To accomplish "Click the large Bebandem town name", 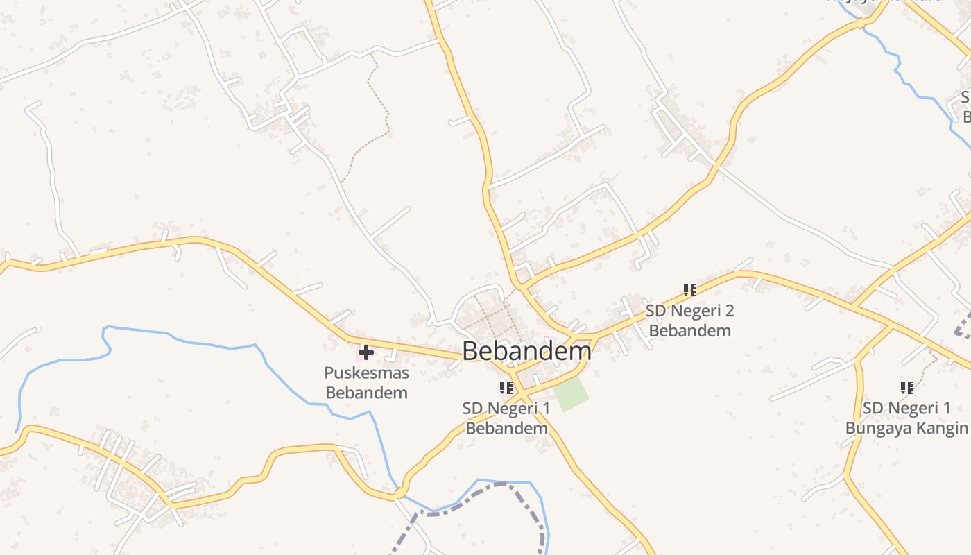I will [x=526, y=351].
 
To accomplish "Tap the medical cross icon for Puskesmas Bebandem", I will [x=366, y=352].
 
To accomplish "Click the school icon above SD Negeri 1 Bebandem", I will [x=506, y=387].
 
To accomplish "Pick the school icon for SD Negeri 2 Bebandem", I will [x=689, y=289].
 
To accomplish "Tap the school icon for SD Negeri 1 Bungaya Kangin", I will [x=906, y=387].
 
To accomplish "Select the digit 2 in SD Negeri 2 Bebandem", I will [x=728, y=310].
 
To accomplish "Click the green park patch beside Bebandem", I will [x=571, y=393].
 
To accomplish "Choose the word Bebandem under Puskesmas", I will [x=366, y=393].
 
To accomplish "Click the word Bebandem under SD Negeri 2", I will [x=689, y=330].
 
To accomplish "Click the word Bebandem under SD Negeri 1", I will [x=506, y=428].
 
